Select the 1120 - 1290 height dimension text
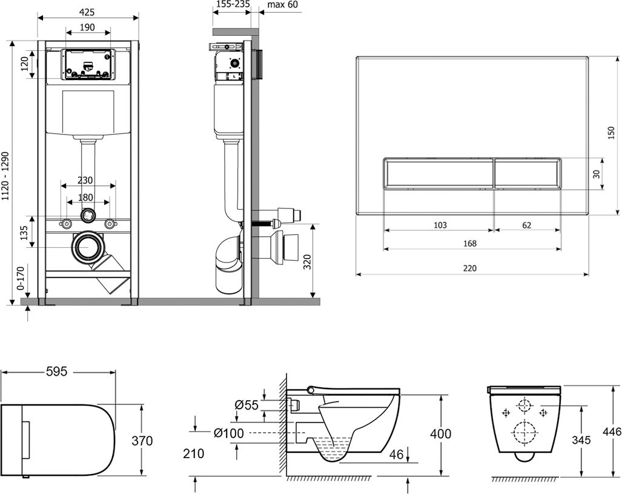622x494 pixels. click(5, 176)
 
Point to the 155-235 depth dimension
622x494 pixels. click(233, 5)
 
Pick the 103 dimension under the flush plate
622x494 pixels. click(440, 225)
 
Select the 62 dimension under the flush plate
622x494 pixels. click(526, 225)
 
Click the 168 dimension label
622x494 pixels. click(469, 244)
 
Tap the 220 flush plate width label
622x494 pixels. click(470, 269)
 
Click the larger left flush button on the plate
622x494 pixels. click(439, 173)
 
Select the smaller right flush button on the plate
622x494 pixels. click(527, 173)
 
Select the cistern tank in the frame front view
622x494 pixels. click(88, 113)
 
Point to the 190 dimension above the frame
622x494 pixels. click(88, 27)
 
